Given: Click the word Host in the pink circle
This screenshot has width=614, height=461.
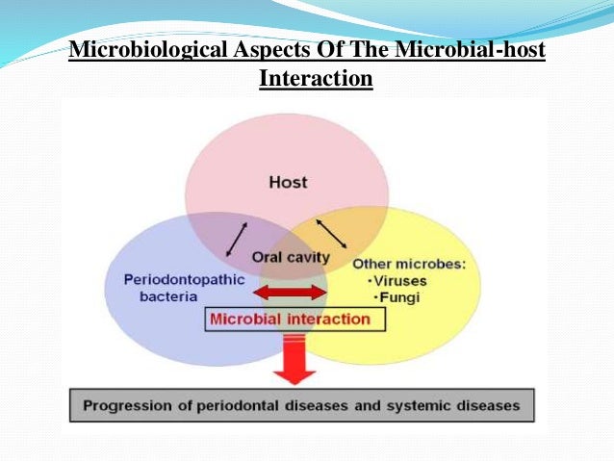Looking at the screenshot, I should point(288,182).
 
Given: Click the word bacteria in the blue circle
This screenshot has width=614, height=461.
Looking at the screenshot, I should point(153,297).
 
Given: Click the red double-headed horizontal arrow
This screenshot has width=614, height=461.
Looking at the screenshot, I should point(290,292).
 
